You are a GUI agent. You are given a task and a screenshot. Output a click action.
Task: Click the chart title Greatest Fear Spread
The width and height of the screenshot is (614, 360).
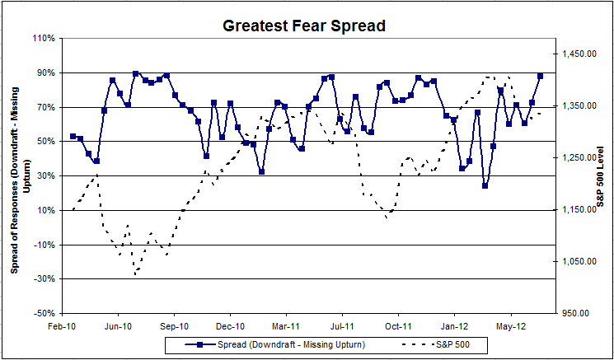pos(304,26)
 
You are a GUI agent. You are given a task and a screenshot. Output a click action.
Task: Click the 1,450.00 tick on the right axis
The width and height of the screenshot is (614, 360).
pos(579,54)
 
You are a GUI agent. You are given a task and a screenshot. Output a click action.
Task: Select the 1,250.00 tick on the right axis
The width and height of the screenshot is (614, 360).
pos(579,158)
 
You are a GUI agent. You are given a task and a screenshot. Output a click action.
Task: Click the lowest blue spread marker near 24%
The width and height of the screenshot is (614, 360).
pos(485,185)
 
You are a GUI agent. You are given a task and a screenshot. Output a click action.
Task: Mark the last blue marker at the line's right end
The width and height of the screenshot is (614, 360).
pos(541,76)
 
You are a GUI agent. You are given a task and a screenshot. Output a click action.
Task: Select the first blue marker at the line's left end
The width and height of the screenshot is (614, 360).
pos(73,136)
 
